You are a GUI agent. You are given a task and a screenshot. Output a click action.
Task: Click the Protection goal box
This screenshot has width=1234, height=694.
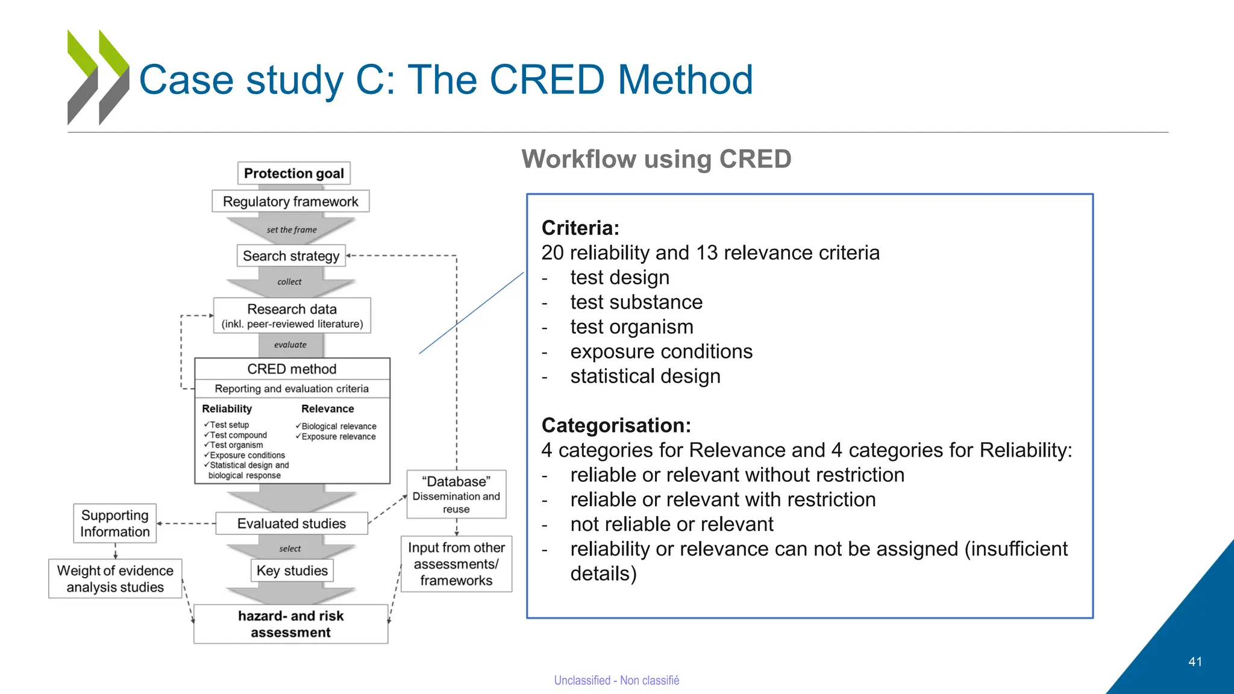[293, 173]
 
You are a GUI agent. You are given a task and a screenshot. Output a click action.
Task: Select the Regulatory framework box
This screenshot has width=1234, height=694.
[290, 201]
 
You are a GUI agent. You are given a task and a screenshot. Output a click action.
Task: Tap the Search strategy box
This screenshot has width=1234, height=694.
[291, 255]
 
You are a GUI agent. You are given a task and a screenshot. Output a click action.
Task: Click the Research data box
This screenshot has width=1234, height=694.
[292, 316]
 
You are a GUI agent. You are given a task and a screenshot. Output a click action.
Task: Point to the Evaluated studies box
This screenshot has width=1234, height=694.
[292, 524]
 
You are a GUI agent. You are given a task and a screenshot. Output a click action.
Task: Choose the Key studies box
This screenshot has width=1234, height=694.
[292, 571]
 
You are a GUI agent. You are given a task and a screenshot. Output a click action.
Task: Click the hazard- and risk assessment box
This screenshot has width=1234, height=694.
[290, 624]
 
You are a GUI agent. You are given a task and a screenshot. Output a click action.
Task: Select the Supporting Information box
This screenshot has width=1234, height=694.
[114, 524]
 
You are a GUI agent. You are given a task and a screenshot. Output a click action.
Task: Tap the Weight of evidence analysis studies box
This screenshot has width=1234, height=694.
[115, 578]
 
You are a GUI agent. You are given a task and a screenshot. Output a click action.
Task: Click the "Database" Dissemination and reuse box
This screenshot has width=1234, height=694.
[456, 495]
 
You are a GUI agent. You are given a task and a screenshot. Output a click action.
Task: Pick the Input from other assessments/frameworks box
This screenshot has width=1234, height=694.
[456, 564]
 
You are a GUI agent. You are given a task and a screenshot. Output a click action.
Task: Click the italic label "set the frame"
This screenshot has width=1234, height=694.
[292, 230]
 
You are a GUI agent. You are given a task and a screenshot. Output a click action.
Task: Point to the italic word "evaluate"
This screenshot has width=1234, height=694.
[290, 345]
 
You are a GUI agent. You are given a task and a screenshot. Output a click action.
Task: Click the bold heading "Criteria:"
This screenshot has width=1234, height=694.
[580, 228]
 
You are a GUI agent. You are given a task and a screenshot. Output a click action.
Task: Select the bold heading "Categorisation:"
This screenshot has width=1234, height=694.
[616, 425]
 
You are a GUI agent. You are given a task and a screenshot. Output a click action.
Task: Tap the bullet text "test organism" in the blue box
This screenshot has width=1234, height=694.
[631, 327]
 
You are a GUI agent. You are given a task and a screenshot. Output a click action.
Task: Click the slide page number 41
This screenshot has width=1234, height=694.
[1195, 661]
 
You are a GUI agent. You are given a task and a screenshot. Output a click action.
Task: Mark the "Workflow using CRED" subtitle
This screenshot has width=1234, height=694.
[656, 159]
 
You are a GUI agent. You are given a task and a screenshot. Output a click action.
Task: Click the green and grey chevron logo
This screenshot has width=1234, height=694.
[98, 77]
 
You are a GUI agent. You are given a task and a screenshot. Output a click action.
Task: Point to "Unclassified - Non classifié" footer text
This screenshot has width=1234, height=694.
[616, 680]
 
